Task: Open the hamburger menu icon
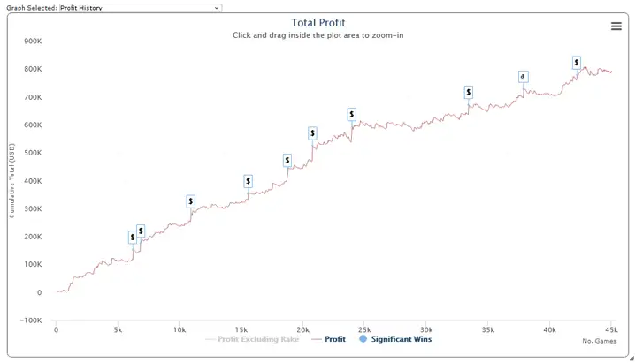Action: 616,26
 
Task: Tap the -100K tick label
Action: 30,321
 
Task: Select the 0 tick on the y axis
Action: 38,292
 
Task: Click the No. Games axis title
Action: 599,341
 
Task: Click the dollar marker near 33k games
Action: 468,92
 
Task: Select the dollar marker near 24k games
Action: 351,114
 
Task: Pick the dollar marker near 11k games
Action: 191,201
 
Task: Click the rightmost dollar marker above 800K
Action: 577,63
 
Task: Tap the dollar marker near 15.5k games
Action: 249,181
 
